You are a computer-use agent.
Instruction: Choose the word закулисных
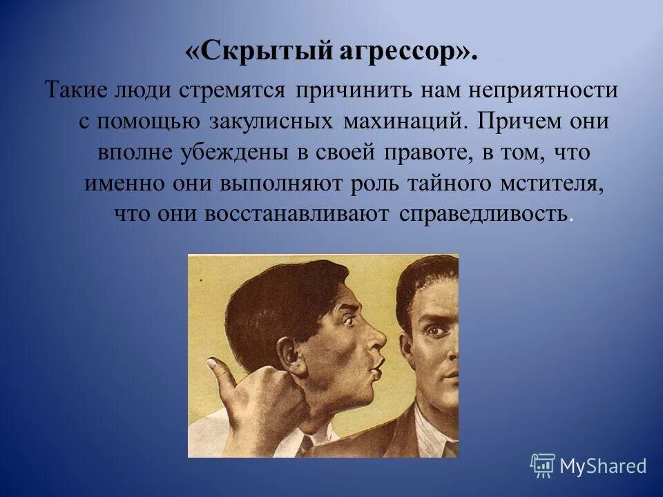[280, 121]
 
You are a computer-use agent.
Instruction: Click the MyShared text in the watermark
[603, 466]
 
